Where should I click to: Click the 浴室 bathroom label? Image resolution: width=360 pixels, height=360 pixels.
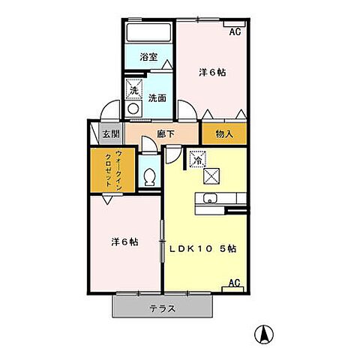tap(148, 57)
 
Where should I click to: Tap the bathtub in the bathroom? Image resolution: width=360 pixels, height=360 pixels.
tap(149, 33)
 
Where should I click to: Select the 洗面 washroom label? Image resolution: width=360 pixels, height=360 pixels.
tap(157, 97)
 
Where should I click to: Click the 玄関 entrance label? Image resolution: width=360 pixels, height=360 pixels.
tap(110, 135)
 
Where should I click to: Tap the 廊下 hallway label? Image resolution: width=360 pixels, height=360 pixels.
tap(166, 135)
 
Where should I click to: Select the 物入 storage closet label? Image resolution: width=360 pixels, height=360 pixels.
tap(224, 135)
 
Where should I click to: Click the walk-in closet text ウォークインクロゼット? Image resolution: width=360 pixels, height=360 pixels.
tap(106, 172)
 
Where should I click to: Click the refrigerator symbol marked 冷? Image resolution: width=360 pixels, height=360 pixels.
tap(197, 159)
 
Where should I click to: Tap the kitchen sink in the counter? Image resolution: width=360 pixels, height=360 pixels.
tap(208, 199)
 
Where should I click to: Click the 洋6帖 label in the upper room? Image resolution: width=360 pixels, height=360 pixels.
tap(211, 73)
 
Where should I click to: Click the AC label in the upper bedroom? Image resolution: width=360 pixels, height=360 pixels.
tap(235, 32)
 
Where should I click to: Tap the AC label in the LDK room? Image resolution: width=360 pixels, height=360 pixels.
tap(233, 283)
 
